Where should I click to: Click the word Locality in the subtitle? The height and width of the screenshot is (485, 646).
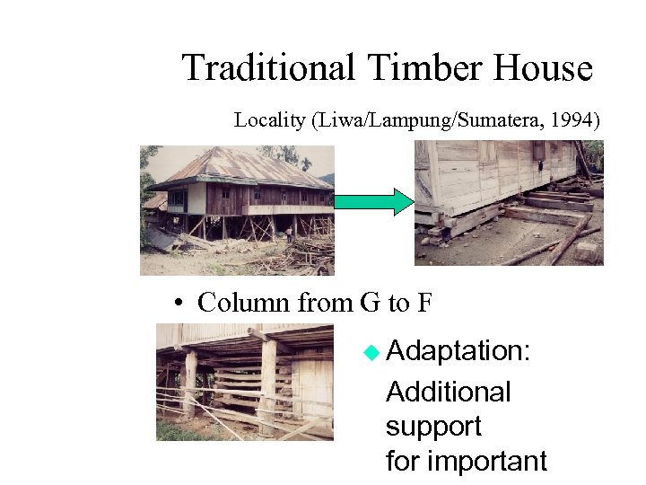269,120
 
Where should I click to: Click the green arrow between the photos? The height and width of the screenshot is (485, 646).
374,201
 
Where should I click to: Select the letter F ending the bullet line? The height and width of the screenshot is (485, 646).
424,303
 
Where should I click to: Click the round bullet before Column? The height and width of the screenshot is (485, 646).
180,304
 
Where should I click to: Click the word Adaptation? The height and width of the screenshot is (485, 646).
458,352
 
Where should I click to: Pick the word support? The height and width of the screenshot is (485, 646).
433,428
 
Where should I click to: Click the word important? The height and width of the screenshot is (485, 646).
487,462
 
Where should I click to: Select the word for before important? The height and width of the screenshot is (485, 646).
403,462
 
